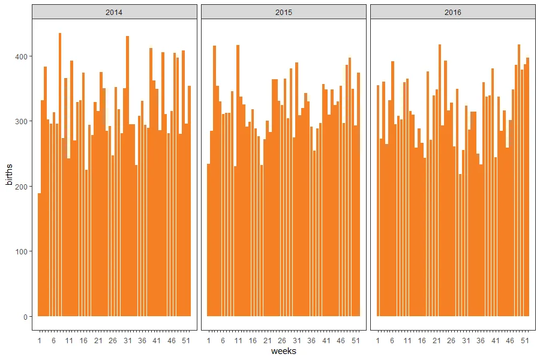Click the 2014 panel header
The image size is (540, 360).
[x=114, y=12]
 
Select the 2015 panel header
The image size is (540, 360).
[x=283, y=12]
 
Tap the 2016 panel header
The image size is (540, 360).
[x=453, y=12]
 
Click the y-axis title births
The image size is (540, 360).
[x=9, y=175]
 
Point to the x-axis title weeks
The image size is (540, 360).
[x=283, y=351]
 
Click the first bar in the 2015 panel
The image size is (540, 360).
[x=209, y=240]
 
